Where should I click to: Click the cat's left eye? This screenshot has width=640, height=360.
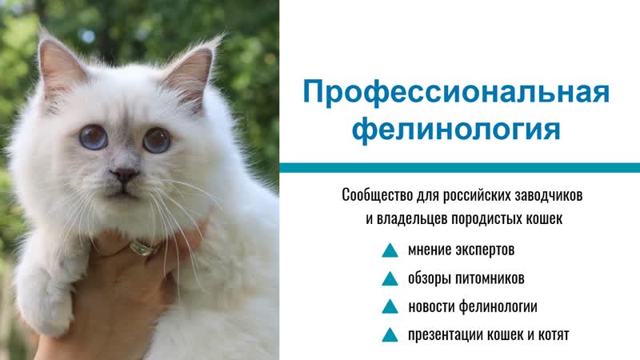point(93,138)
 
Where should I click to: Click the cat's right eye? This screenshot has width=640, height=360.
point(156,140)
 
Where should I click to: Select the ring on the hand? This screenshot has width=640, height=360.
point(142,247)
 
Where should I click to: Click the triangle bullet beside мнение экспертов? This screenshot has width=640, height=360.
point(390,250)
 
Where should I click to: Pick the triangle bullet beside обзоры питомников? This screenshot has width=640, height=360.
point(390,278)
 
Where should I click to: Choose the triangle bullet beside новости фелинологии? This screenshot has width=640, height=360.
point(390,306)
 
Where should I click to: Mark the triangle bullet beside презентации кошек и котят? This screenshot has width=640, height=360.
point(390,334)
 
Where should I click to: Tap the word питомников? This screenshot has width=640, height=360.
point(490,278)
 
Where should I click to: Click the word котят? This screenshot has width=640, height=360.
point(552,334)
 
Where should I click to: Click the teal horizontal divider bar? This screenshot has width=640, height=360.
point(459,167)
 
